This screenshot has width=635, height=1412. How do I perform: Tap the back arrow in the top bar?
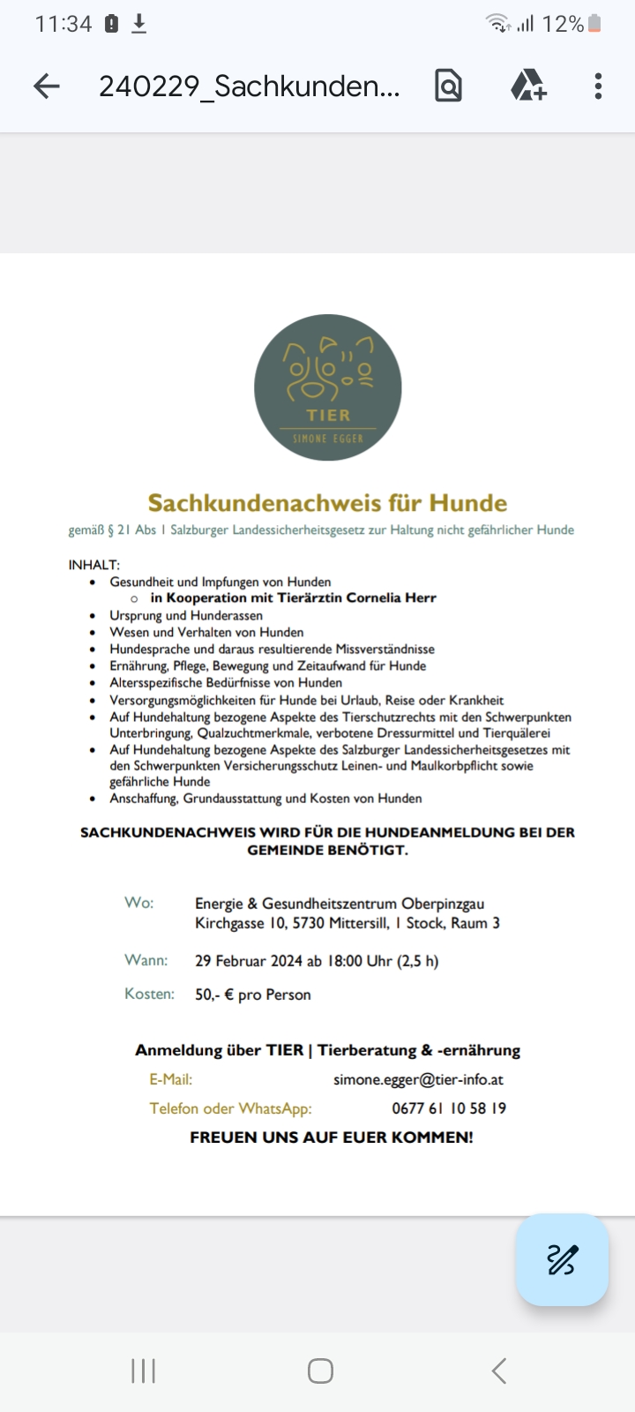tap(46, 86)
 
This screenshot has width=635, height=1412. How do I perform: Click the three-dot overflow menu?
tap(598, 86)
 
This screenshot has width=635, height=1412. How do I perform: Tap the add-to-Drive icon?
tap(528, 86)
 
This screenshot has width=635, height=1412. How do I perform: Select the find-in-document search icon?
tap(448, 86)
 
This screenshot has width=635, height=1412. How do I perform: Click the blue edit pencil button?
tap(562, 1259)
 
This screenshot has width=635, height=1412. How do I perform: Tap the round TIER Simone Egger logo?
tap(328, 387)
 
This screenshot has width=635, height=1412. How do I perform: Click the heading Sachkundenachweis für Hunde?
tap(327, 503)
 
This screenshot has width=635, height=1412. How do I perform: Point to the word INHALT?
tap(93, 565)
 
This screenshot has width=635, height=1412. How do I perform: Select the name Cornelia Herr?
tap(392, 597)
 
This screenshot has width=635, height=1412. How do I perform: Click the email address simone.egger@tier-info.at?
tap(418, 1079)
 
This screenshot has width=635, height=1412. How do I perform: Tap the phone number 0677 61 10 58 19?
tap(449, 1108)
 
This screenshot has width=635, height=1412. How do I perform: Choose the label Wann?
tap(145, 960)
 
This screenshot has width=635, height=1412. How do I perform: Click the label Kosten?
tap(149, 994)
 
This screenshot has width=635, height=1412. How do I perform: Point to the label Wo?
tap(138, 903)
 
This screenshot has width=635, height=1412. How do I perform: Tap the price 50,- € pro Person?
tap(253, 995)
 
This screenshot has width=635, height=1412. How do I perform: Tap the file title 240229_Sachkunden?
tap(249, 86)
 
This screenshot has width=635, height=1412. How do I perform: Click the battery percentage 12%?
tap(563, 24)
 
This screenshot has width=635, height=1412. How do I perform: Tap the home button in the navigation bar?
tap(320, 1371)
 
